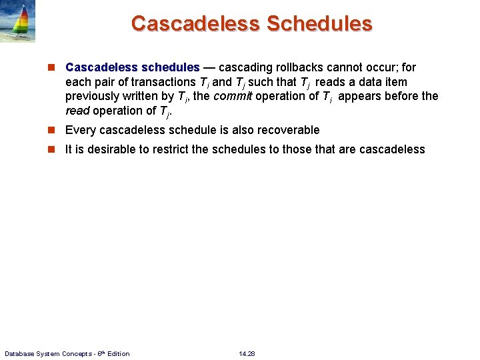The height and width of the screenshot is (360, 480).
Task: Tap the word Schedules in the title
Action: pos(319,23)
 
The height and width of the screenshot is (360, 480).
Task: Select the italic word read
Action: pos(77,111)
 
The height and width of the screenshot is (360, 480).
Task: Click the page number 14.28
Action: pos(247,353)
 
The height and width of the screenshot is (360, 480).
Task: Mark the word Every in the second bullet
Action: pos(80,130)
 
